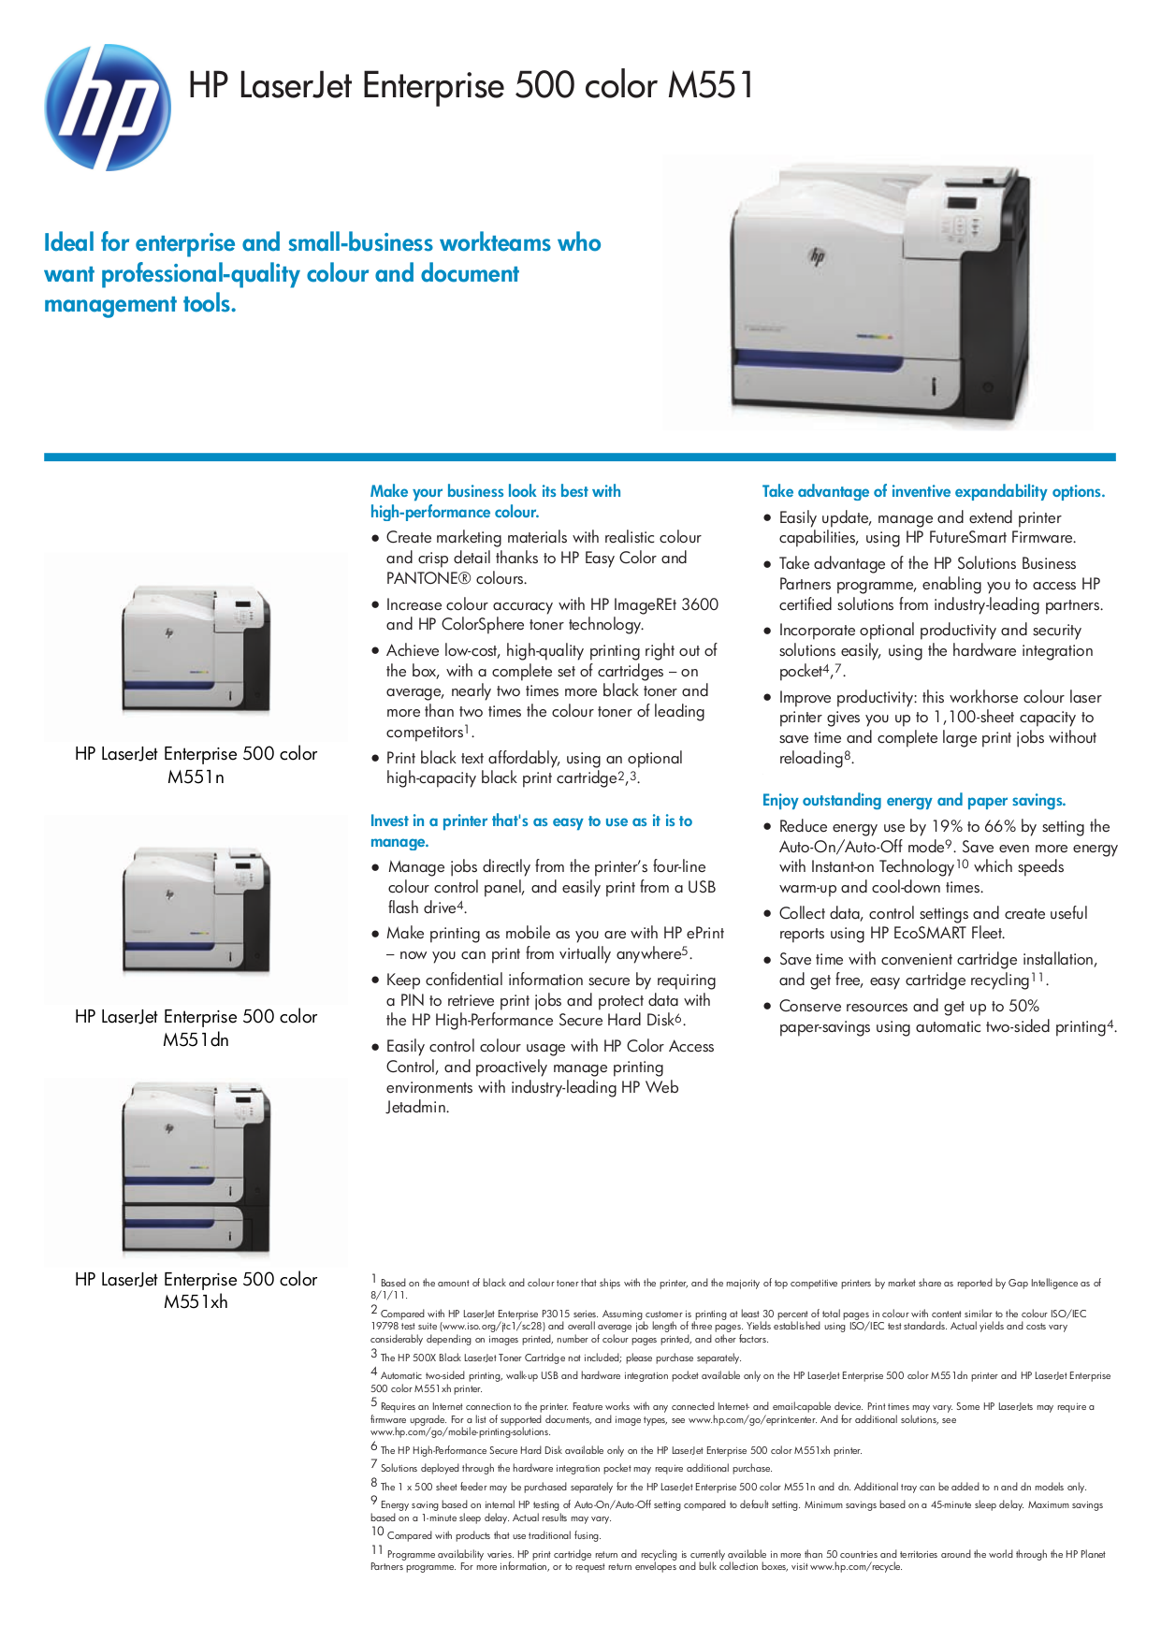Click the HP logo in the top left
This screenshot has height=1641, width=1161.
tap(107, 108)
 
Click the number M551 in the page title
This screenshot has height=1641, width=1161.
tap(710, 86)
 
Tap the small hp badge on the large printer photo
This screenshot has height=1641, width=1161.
tap(817, 255)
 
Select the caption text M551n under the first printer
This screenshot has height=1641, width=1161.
tap(196, 777)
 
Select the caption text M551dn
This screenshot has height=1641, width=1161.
tap(196, 1040)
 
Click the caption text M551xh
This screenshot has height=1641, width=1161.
tap(196, 1302)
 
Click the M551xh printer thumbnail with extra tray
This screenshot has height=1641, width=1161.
tap(196, 1169)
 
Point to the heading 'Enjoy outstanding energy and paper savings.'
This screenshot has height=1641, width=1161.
tap(913, 801)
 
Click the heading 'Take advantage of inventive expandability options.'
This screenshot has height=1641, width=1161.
tap(933, 492)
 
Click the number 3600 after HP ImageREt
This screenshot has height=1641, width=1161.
tap(700, 605)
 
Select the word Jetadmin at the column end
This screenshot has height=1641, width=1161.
tap(417, 1108)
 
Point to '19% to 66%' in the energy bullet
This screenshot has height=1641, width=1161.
tap(973, 827)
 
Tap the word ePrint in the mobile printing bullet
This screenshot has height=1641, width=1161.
tap(705, 934)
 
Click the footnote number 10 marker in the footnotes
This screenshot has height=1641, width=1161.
tap(377, 1532)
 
